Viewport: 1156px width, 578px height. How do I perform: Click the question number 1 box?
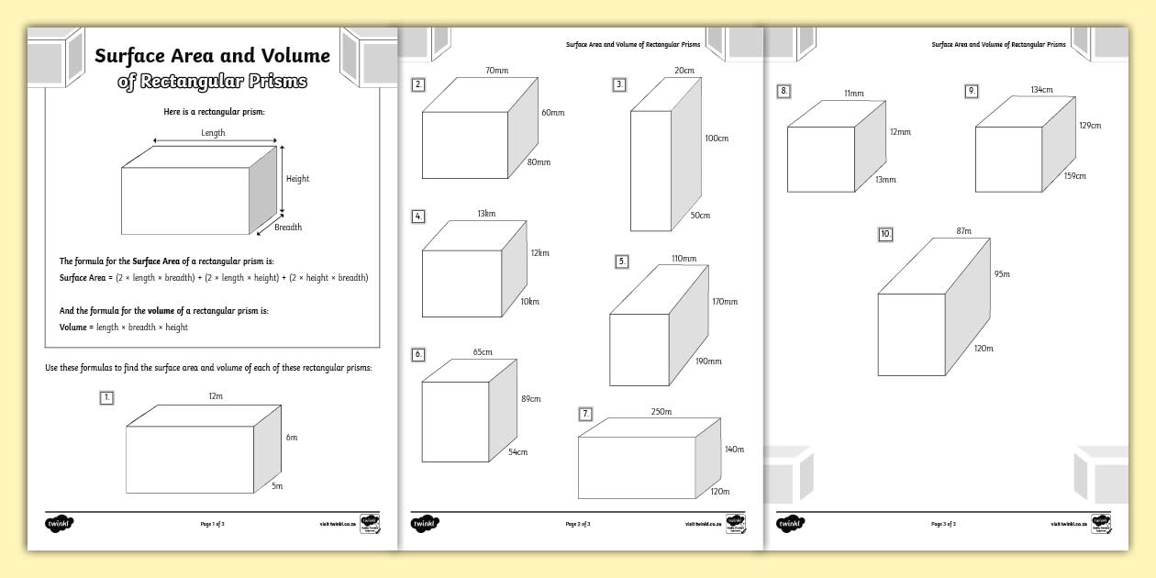[x=107, y=397]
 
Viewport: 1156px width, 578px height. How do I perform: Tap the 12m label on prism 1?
[x=216, y=395]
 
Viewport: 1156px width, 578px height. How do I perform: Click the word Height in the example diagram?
[x=297, y=179]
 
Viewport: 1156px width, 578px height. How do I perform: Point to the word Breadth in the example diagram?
[x=288, y=227]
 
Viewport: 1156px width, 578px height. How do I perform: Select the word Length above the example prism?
[x=213, y=133]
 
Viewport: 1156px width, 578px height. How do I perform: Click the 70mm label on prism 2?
[x=496, y=71]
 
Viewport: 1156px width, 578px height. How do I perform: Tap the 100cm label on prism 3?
[x=717, y=139]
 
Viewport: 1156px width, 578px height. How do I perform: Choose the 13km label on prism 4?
[x=485, y=214]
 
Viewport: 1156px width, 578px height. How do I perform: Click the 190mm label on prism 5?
[x=709, y=361]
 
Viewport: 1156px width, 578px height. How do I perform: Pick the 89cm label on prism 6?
[x=530, y=399]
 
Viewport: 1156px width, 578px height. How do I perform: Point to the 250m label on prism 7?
[x=661, y=412]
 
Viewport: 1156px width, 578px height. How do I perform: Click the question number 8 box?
[x=784, y=91]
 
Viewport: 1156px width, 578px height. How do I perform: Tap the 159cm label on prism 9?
[x=1074, y=175]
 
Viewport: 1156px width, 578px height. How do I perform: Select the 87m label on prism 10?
[x=963, y=230]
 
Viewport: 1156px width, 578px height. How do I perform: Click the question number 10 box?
[x=885, y=235]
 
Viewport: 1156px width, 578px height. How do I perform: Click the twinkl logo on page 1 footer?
[x=59, y=524]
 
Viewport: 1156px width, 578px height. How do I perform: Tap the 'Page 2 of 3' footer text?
[x=578, y=524]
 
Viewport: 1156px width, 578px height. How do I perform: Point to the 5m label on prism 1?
[x=277, y=485]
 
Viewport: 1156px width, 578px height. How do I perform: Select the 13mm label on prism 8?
[x=885, y=180]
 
